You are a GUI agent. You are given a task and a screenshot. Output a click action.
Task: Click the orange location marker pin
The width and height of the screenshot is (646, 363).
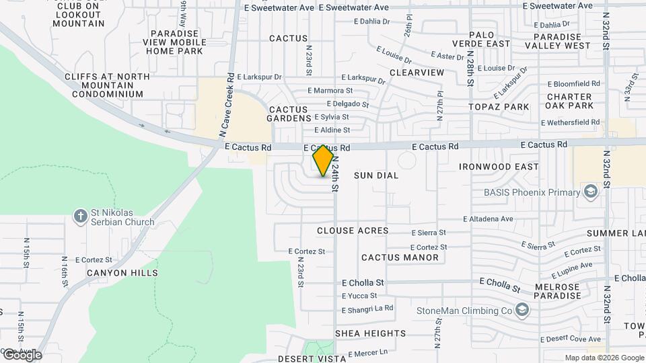pyautogui.click(x=324, y=161)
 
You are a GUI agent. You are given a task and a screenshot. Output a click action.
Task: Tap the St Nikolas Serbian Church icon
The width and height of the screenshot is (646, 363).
pyautogui.click(x=80, y=216)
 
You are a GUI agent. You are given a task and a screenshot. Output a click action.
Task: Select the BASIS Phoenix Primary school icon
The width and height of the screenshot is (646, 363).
pyautogui.click(x=590, y=192)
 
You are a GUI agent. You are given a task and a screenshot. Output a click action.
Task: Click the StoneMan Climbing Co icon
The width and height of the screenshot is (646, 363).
pyautogui.click(x=522, y=311)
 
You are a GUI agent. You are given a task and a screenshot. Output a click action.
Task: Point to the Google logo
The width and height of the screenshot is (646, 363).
pyautogui.click(x=22, y=355)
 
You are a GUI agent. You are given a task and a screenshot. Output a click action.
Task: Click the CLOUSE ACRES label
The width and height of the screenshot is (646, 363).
pyautogui.click(x=353, y=231)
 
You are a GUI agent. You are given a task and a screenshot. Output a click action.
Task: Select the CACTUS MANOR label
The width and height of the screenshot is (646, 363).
pyautogui.click(x=400, y=257)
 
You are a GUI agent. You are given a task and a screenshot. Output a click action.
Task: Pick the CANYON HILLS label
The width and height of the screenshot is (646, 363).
pyautogui.click(x=122, y=273)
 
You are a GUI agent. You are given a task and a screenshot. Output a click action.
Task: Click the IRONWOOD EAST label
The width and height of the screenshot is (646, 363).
pyautogui.click(x=499, y=167)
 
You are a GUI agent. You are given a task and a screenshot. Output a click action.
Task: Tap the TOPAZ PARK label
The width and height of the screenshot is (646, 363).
pyautogui.click(x=499, y=107)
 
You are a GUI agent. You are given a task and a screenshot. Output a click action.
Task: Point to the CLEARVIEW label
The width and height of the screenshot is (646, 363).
pyautogui.click(x=417, y=72)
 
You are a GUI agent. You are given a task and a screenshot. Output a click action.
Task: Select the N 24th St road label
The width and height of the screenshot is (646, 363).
pyautogui.click(x=334, y=171)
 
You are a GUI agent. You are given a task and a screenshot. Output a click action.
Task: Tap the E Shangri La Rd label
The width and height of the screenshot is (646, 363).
pyautogui.click(x=367, y=309)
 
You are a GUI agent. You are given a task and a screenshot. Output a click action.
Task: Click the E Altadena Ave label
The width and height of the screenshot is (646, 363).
pyautogui.click(x=489, y=219)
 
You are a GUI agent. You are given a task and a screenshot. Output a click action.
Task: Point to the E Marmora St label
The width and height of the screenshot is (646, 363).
pyautogui.click(x=330, y=90)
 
